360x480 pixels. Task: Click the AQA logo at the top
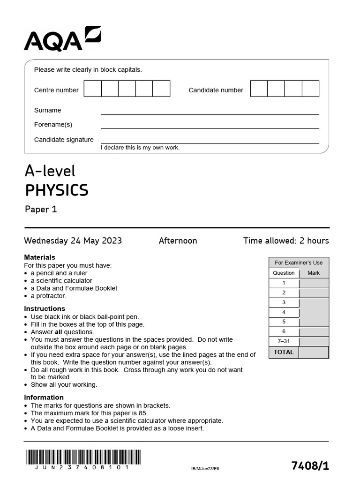(x=62, y=39)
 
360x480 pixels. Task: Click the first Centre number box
(x=93, y=89)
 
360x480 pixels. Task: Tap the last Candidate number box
(x=310, y=89)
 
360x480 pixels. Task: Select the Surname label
(x=47, y=110)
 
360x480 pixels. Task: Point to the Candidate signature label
(x=64, y=140)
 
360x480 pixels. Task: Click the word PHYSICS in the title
(x=56, y=190)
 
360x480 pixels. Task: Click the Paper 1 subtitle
(x=41, y=209)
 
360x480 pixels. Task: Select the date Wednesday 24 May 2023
(x=73, y=241)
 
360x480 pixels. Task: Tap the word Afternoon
(x=178, y=241)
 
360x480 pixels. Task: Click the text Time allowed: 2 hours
(x=286, y=241)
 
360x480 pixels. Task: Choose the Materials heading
(x=39, y=257)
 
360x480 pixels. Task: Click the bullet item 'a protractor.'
(x=49, y=296)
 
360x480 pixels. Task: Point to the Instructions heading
(x=45, y=308)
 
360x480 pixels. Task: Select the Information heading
(x=44, y=397)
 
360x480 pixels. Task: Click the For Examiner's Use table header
(x=299, y=262)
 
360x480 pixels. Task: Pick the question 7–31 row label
(x=284, y=341)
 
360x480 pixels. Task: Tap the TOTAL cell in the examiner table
(x=284, y=352)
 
